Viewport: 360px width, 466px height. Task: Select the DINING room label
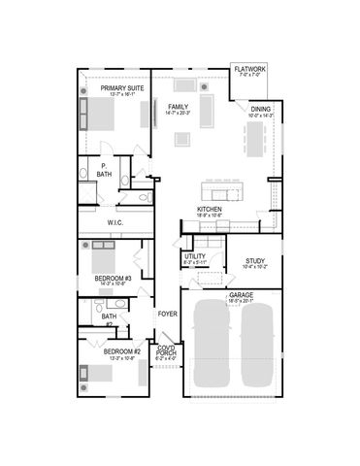coord(260,110)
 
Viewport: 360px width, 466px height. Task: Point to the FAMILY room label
coord(178,107)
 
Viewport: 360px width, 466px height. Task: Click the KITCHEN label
coord(211,209)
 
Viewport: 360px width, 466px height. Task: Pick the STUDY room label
coord(255,260)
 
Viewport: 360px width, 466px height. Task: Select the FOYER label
coord(167,314)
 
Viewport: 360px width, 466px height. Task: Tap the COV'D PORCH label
coord(167,351)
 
